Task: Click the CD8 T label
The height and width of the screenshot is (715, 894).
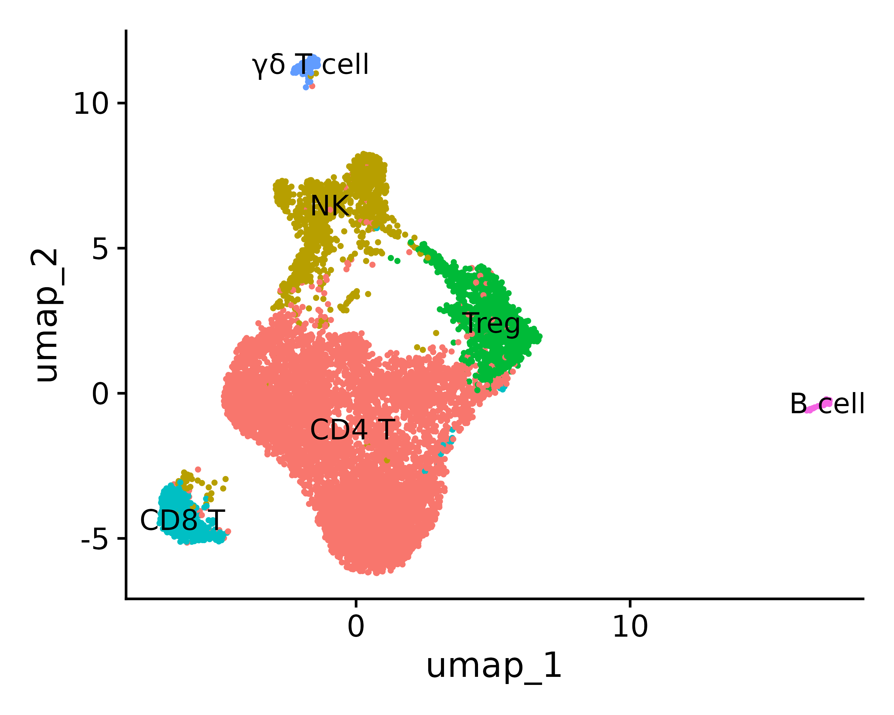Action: point(182,520)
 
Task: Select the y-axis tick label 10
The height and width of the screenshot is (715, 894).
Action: point(91,104)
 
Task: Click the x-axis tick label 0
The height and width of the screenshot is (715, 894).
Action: point(356,627)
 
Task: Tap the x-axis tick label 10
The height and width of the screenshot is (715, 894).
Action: point(630,627)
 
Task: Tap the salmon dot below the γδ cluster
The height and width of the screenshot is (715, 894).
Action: point(312,86)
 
